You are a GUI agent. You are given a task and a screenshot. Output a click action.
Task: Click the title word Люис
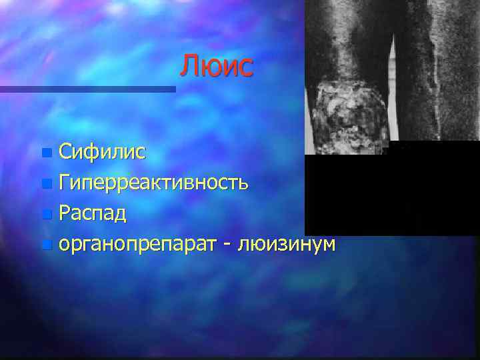coord(217,67)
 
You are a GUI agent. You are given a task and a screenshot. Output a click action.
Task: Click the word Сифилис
coord(101,152)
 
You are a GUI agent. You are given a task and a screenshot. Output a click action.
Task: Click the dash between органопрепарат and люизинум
coord(229,245)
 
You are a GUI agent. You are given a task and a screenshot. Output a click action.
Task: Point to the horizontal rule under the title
coord(87,89)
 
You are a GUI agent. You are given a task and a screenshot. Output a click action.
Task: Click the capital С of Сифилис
coord(65,152)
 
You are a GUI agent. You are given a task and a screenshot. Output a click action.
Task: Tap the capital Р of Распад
coord(65,214)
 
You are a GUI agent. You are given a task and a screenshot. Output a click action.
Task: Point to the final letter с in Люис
coord(246,69)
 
